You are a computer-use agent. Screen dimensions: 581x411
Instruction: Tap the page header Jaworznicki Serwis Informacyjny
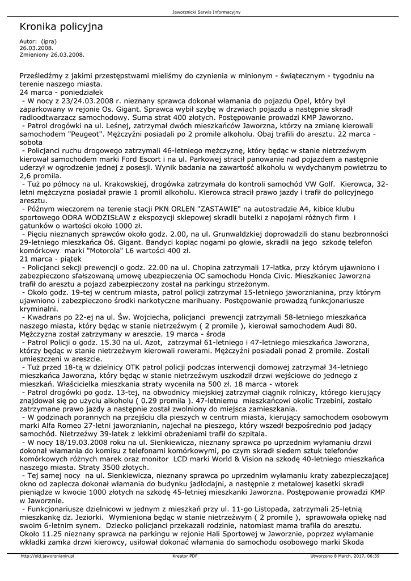205,12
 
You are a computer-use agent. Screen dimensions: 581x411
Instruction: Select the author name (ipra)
49,41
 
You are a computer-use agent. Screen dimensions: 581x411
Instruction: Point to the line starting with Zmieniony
52,55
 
